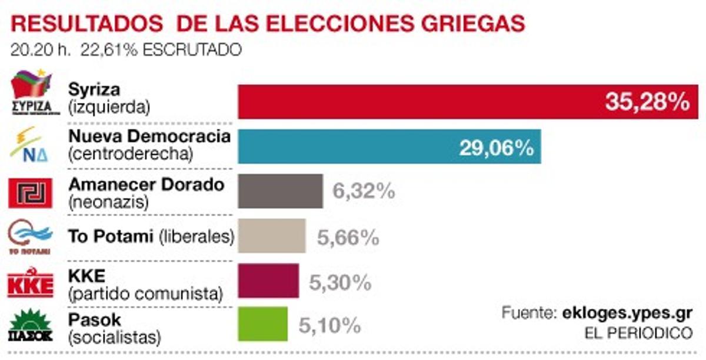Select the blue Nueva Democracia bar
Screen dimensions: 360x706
[x=389, y=146]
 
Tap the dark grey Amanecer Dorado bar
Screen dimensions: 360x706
[x=280, y=191]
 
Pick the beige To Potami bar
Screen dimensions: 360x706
[x=271, y=236]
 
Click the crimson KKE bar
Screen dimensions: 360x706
[x=268, y=281]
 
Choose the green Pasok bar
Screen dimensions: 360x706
[x=262, y=324]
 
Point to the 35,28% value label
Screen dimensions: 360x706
[x=647, y=102]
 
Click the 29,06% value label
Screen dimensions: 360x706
[x=496, y=147]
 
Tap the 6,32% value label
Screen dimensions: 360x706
[x=363, y=191]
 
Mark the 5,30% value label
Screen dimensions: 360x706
[x=340, y=282]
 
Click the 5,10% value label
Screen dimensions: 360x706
[x=329, y=325]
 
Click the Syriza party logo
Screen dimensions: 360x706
[x=32, y=93]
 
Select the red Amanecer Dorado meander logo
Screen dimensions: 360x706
[x=30, y=192]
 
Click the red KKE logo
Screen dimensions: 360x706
[x=30, y=283]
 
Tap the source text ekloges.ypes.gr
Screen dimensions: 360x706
[x=623, y=312]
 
